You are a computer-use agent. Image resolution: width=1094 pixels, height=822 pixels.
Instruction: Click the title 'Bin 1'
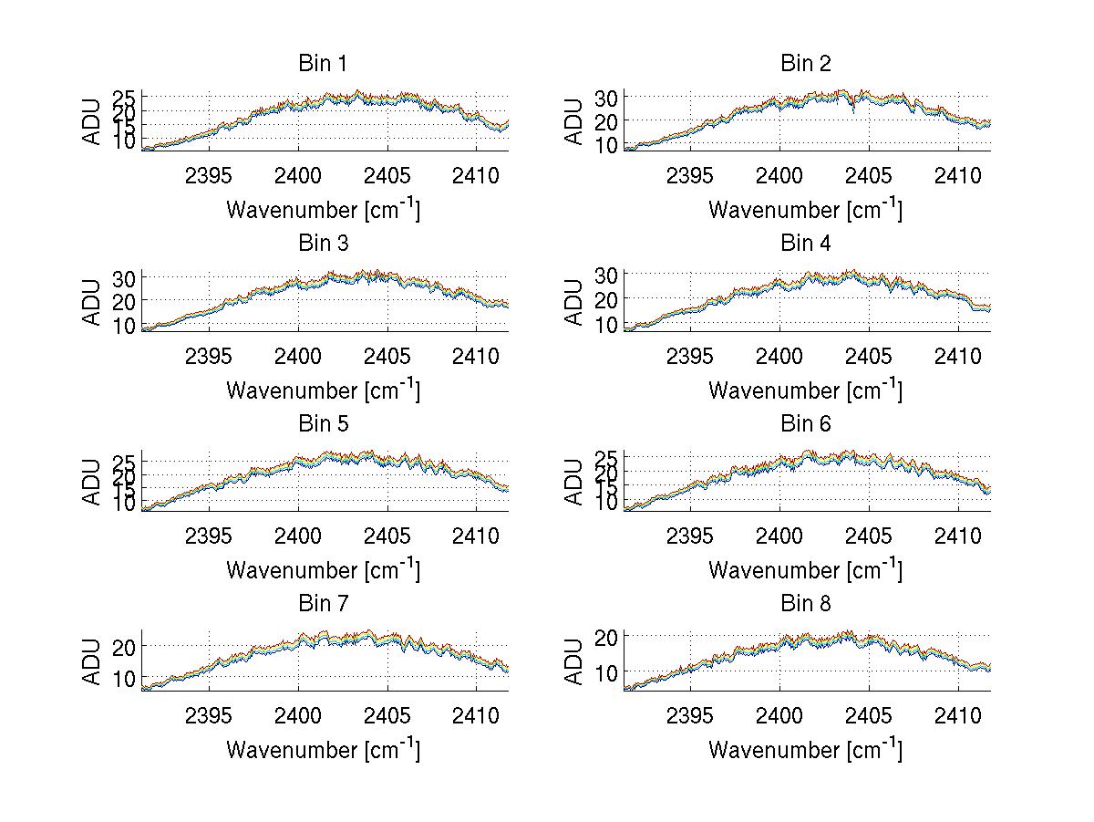[x=323, y=64]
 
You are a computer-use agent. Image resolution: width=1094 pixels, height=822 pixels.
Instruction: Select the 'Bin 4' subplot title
[x=806, y=244]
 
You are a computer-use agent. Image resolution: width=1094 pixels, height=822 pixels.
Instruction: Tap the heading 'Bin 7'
[x=323, y=604]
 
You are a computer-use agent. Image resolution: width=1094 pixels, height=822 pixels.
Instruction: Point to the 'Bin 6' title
[x=806, y=424]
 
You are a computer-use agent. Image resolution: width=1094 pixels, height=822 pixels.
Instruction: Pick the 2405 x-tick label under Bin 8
[x=869, y=714]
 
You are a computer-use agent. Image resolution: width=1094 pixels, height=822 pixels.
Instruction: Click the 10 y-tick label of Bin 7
[x=124, y=680]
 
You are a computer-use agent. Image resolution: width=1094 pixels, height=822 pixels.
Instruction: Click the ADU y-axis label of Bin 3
[x=92, y=302]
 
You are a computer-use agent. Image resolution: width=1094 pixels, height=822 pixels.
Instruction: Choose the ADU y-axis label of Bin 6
[x=574, y=482]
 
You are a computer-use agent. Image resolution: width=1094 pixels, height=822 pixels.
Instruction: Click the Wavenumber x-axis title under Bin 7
[x=323, y=749]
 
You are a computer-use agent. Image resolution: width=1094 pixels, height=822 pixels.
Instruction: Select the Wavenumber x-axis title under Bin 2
[x=806, y=209]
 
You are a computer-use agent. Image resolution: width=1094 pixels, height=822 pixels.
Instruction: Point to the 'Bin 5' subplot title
[x=323, y=424]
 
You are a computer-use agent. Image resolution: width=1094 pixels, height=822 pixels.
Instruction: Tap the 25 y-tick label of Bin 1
[x=124, y=98]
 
